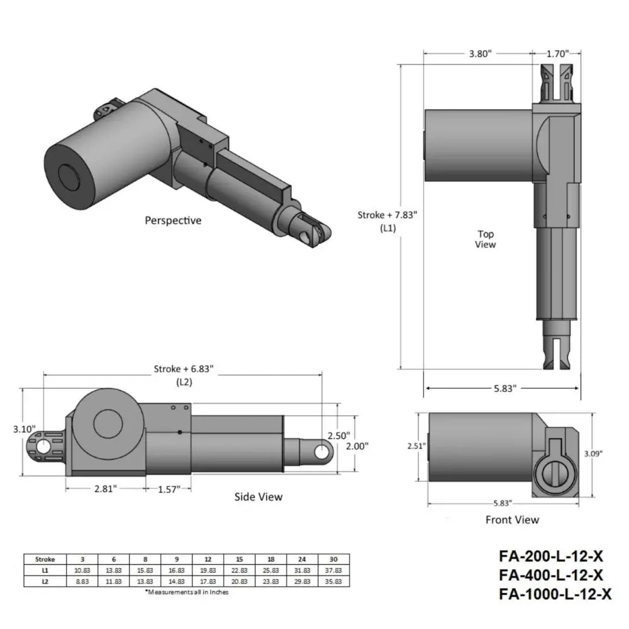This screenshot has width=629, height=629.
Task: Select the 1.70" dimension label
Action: click(x=558, y=54)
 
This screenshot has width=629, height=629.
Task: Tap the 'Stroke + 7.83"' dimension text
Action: click(x=387, y=214)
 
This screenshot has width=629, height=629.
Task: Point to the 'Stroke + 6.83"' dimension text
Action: click(x=184, y=369)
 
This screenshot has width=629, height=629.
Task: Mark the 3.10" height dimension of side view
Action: click(x=24, y=430)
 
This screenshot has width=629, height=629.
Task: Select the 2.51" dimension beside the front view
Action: click(x=416, y=446)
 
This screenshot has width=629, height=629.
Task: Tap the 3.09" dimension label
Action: click(x=604, y=452)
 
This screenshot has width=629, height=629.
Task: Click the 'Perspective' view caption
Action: click(x=173, y=221)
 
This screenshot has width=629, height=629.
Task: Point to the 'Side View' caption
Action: click(x=259, y=497)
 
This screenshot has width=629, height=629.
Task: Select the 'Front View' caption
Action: click(x=512, y=520)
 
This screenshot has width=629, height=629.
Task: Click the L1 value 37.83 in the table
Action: click(x=333, y=570)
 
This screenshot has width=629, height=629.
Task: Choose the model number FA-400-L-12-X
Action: click(x=551, y=574)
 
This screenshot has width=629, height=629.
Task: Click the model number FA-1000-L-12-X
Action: click(x=555, y=593)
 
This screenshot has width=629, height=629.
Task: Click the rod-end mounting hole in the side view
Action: click(x=321, y=452)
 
